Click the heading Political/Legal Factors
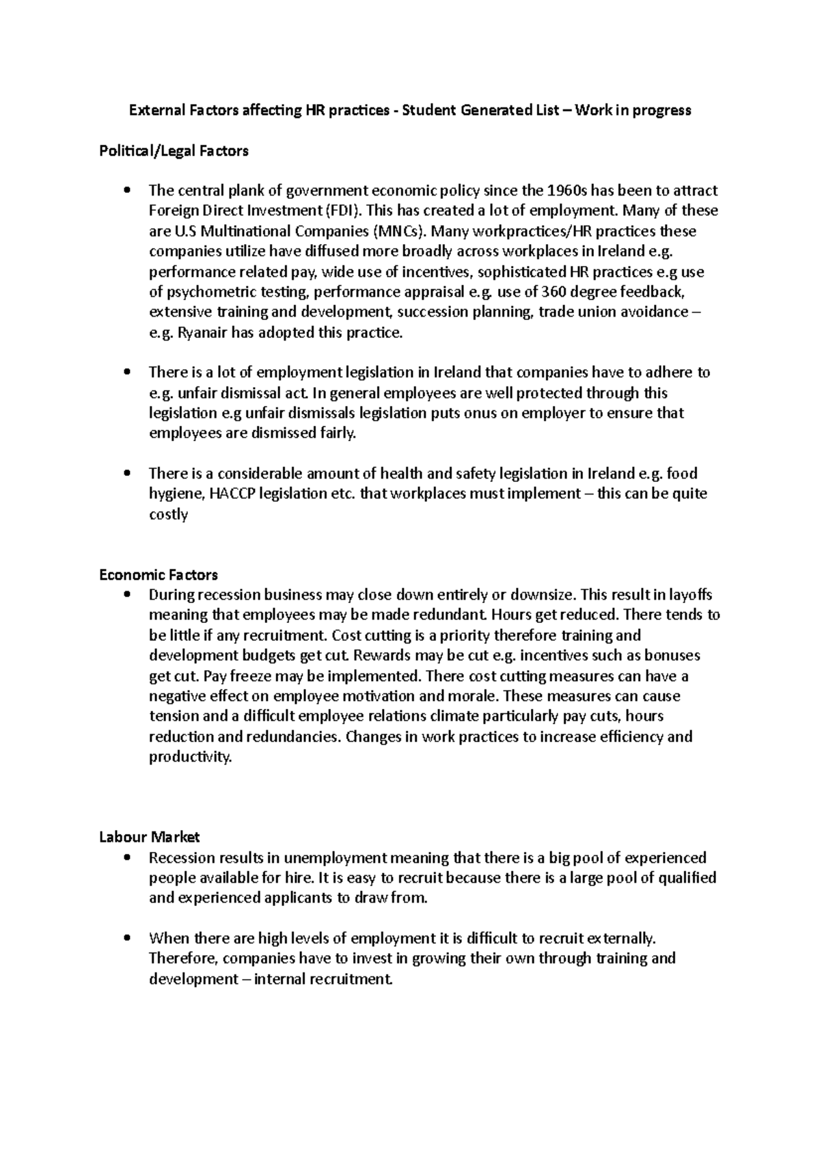click(x=174, y=151)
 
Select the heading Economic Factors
click(x=159, y=574)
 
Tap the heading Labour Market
click(x=149, y=837)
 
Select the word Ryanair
click(x=202, y=333)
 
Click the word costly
click(x=168, y=514)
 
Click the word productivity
click(x=190, y=758)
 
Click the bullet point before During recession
click(x=124, y=595)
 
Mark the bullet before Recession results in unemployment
click(x=124, y=857)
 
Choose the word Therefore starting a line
click(x=182, y=959)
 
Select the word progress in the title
click(x=662, y=110)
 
